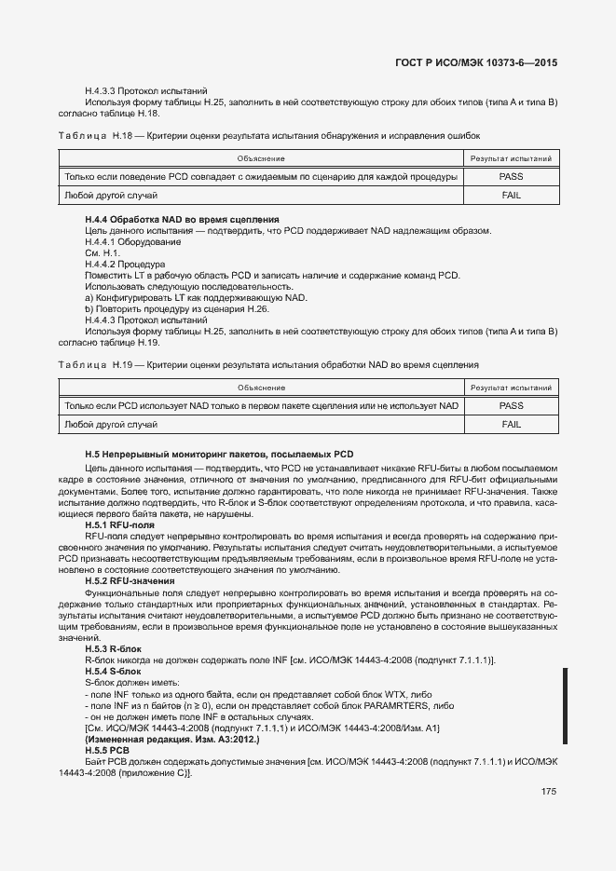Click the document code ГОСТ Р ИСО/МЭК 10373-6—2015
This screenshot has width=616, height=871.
click(476, 62)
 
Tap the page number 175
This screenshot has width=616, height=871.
click(548, 792)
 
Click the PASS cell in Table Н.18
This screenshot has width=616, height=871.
click(511, 176)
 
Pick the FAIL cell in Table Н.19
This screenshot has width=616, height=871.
click(511, 424)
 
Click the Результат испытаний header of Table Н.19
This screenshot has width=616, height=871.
click(511, 387)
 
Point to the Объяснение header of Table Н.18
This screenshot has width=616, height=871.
click(261, 157)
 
